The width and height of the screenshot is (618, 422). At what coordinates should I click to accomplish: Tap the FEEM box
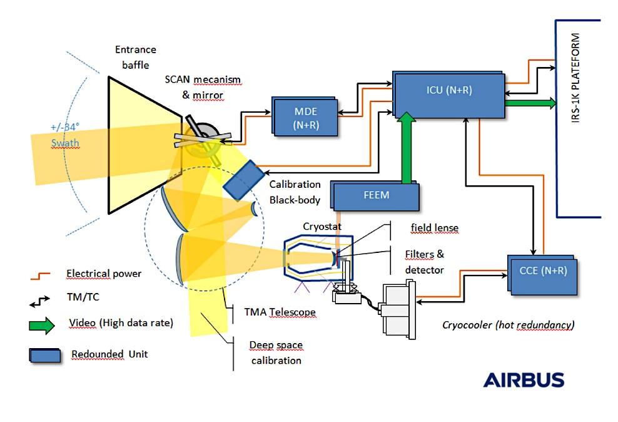[376, 195]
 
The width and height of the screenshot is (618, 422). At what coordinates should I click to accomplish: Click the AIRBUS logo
[523, 380]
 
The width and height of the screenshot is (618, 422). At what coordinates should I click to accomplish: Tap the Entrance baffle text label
[135, 56]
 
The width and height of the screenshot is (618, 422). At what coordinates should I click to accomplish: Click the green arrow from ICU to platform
[529, 103]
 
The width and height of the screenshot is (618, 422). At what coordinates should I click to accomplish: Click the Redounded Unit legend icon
[45, 354]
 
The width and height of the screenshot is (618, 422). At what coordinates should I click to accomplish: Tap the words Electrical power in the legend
[104, 274]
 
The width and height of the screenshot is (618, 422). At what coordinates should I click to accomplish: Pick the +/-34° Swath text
[65, 135]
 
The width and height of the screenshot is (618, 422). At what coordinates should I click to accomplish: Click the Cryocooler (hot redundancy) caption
[508, 325]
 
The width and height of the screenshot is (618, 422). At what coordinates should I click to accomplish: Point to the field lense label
[434, 227]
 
